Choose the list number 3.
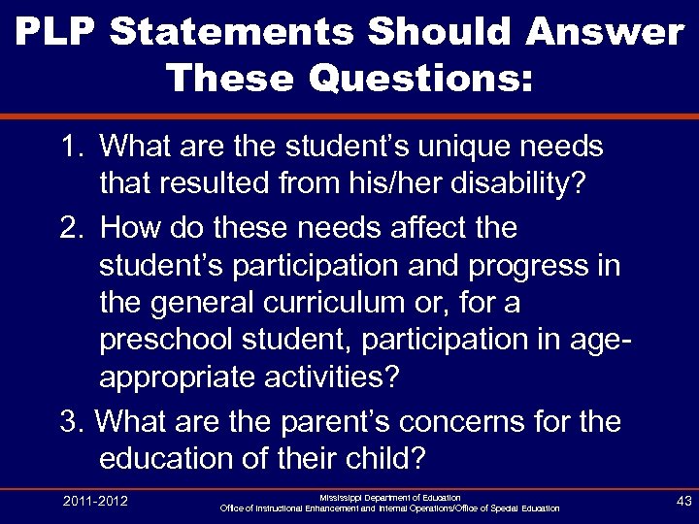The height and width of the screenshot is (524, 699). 71,422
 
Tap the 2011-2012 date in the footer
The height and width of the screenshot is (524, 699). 95,502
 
